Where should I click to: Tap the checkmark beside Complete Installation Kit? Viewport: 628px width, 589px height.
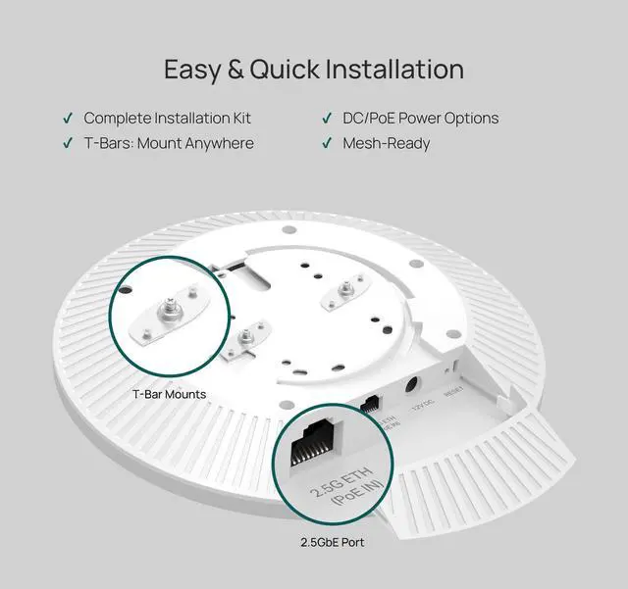pyautogui.click(x=68, y=119)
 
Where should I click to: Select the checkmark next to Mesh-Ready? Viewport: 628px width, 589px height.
pyautogui.click(x=327, y=144)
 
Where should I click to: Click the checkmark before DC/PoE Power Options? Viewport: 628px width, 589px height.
pyautogui.click(x=327, y=119)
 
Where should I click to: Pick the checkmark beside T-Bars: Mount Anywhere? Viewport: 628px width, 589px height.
pyautogui.click(x=68, y=144)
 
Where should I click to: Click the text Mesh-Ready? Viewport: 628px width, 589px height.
pyautogui.click(x=386, y=144)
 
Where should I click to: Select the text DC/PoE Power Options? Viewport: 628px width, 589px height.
pyautogui.click(x=420, y=119)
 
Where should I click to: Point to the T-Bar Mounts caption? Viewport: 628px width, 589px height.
pyautogui.click(x=169, y=394)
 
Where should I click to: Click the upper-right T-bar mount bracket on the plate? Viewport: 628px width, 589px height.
pyautogui.click(x=347, y=295)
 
